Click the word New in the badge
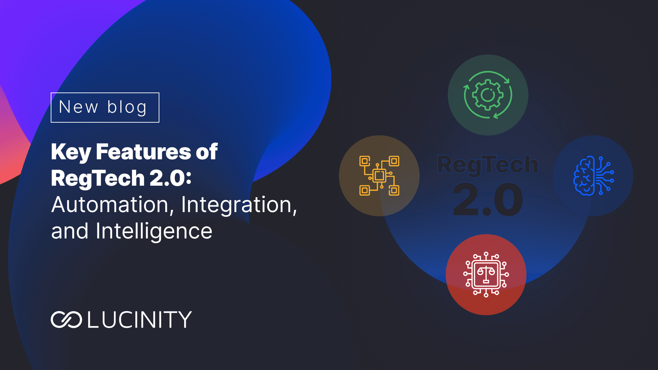[x=78, y=107]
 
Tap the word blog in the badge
[x=127, y=108]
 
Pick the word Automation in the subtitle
[x=110, y=205]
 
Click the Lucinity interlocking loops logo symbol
[x=66, y=320]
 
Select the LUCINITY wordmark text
[x=139, y=320]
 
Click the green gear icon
[x=488, y=95]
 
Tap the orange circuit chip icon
[x=379, y=176]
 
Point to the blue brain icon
[x=594, y=176]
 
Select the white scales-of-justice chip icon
[x=486, y=274]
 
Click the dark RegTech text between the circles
[x=488, y=165]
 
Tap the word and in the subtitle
[x=70, y=232]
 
